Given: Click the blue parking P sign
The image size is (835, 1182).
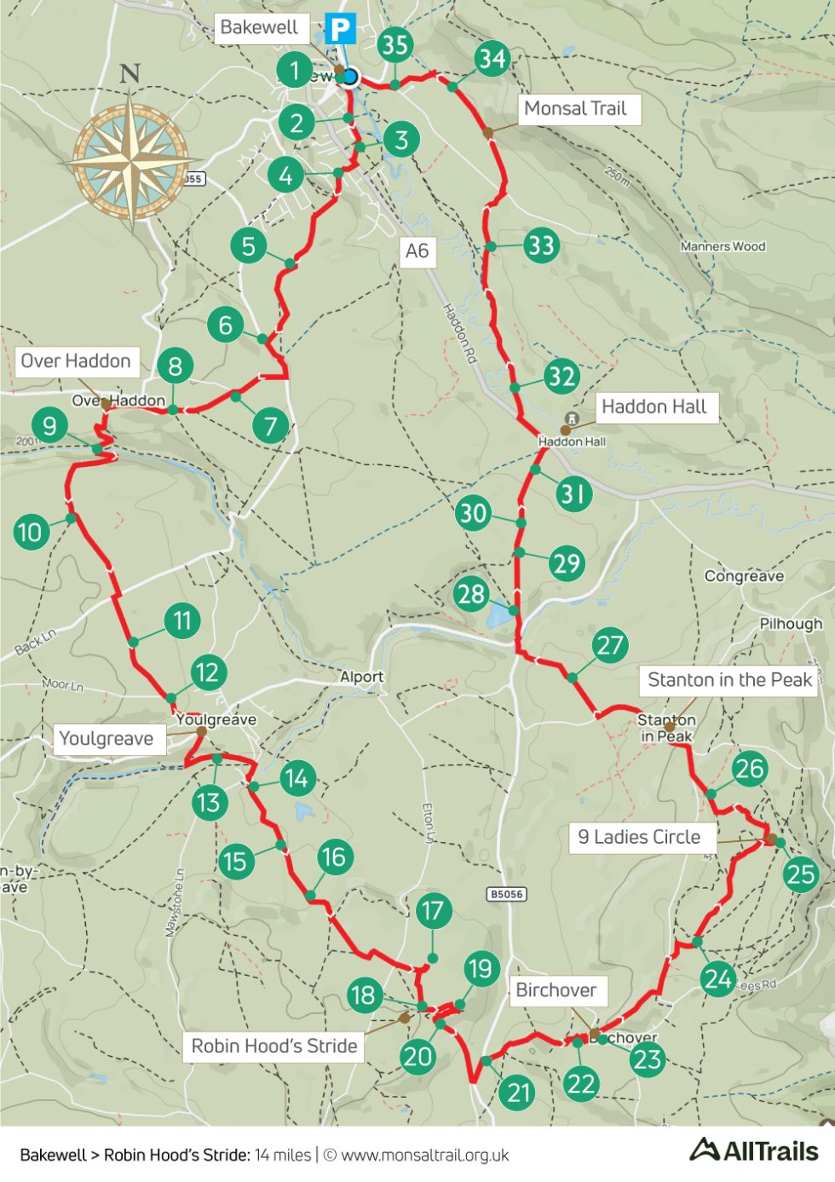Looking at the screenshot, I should [340, 30].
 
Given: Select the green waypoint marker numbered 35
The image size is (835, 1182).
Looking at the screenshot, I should [394, 44].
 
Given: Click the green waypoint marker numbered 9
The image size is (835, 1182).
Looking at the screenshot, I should [49, 424].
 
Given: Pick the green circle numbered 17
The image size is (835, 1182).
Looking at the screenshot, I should [433, 911].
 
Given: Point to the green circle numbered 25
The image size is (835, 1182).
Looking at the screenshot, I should [801, 874].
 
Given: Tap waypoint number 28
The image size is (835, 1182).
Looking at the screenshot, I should [471, 594].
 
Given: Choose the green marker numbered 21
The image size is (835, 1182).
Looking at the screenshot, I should [519, 1093].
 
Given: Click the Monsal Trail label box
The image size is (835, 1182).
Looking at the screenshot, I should [576, 109].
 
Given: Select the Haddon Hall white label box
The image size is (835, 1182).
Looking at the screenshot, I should [654, 406].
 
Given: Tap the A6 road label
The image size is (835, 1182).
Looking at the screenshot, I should [417, 251].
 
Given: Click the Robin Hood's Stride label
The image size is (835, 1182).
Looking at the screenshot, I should [274, 1046].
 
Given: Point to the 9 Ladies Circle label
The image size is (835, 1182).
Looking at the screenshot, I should [639, 837].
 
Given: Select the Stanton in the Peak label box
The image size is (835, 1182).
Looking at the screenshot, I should [729, 680].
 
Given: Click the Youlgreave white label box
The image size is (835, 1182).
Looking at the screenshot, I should [107, 738].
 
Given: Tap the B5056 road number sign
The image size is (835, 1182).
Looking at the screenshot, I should [506, 894].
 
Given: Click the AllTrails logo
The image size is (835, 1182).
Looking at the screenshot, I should [754, 1150].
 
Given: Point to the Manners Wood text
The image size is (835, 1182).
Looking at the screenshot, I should [723, 246].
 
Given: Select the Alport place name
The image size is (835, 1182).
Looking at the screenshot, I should [361, 677].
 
